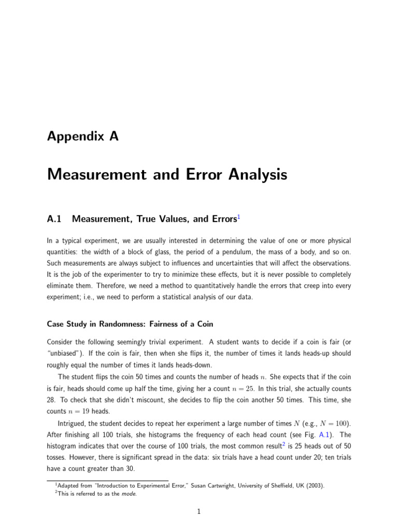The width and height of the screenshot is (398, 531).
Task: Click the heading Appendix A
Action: pyautogui.click(x=82, y=137)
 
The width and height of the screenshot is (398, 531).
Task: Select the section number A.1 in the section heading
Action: pyautogui.click(x=54, y=219)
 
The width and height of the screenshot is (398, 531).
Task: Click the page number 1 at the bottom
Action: pyautogui.click(x=199, y=512)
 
